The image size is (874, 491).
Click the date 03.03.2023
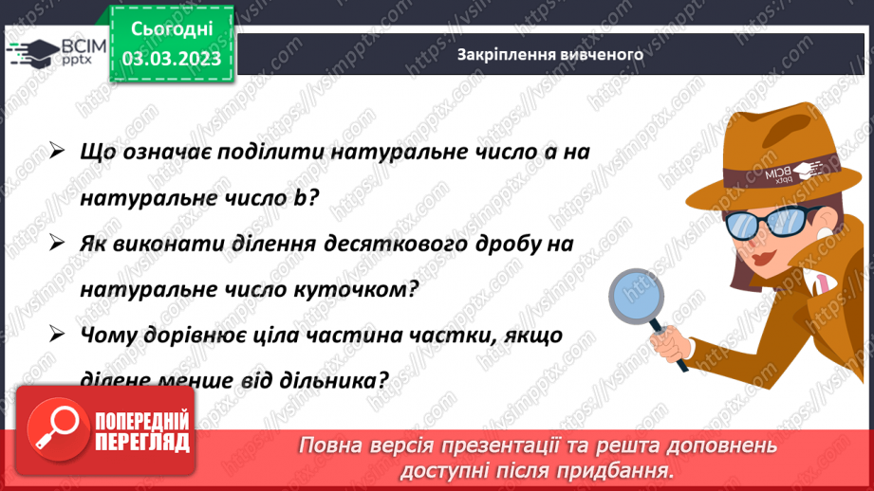[171, 59]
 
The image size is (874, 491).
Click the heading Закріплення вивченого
[549, 54]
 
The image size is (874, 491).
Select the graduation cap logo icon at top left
[30, 54]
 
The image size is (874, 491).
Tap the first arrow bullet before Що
[55, 152]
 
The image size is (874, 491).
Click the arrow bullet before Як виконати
[55, 243]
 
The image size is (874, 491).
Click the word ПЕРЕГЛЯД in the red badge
[142, 442]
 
